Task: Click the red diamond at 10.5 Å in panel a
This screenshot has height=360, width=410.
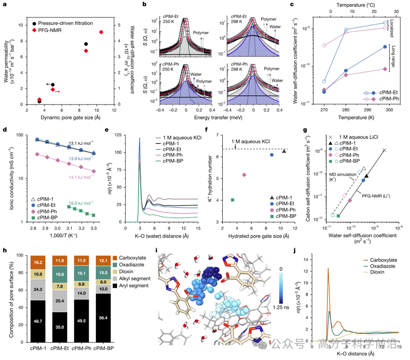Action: [101, 32]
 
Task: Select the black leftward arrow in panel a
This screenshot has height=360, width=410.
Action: [48, 84]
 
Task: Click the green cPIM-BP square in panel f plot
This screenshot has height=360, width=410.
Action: [232, 200]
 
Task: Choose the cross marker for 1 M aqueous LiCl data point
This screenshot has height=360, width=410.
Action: [384, 150]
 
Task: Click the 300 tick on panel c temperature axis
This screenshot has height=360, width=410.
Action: [389, 110]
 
